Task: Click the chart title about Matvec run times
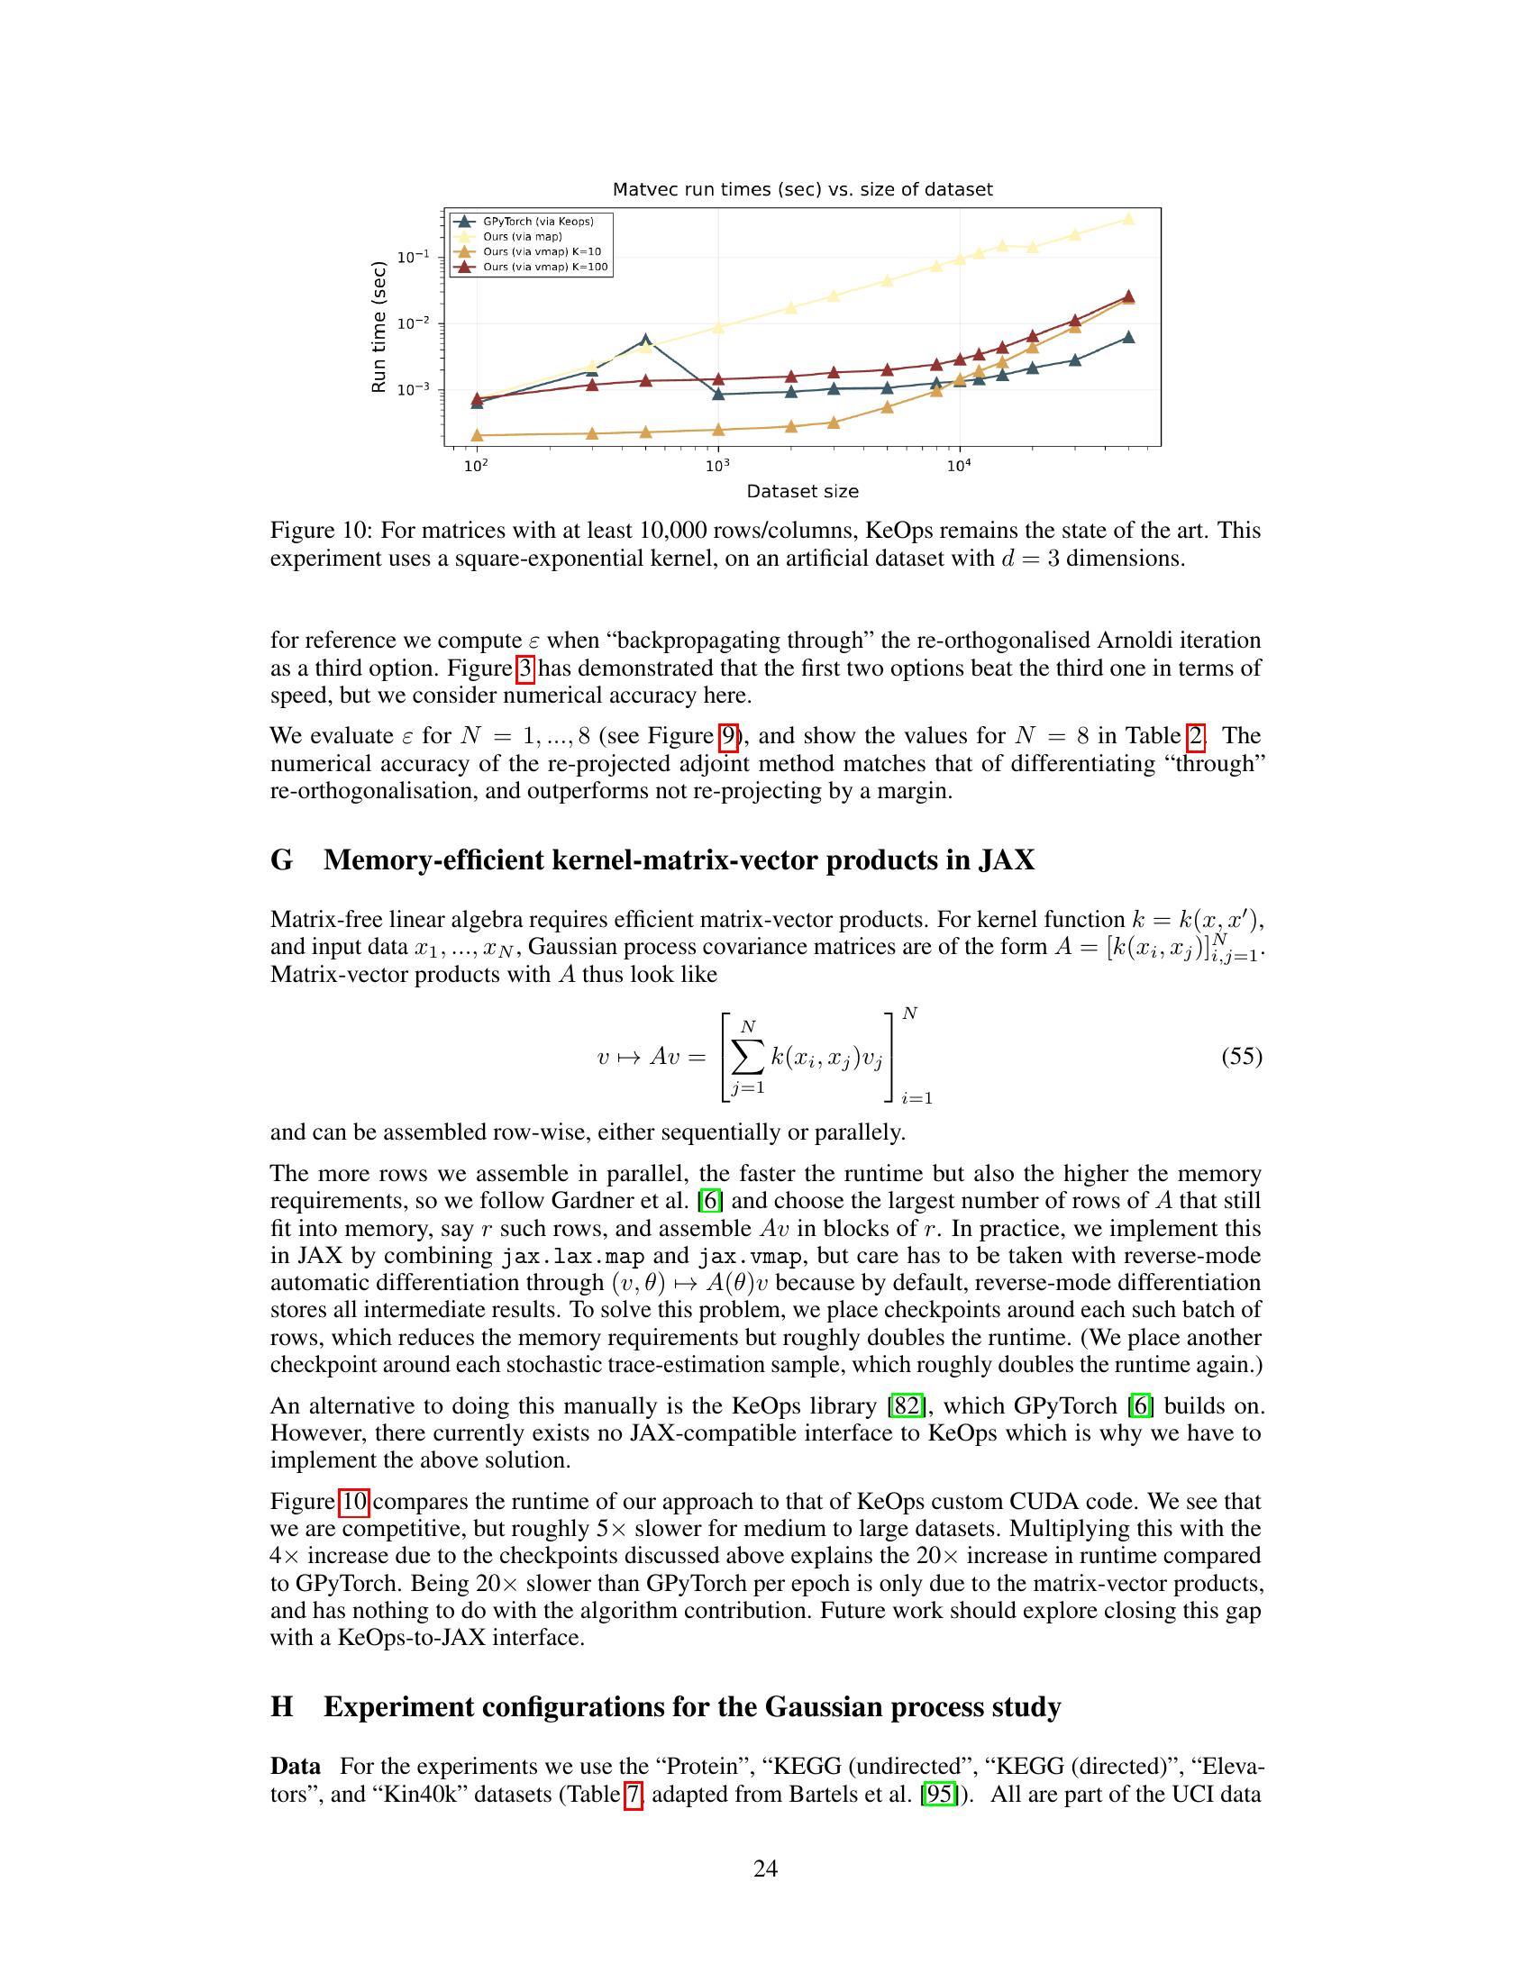click(x=802, y=190)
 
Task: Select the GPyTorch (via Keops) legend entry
click(x=537, y=222)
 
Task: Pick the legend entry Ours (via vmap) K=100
click(x=544, y=268)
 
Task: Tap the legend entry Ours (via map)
click(x=522, y=237)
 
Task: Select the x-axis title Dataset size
click(x=802, y=491)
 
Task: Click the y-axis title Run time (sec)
click(x=379, y=327)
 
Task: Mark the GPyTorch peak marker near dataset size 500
click(x=645, y=341)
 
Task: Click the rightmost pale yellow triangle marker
click(x=1128, y=219)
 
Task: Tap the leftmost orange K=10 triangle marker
click(x=477, y=436)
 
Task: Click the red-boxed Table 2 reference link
click(x=1195, y=736)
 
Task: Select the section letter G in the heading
click(x=281, y=859)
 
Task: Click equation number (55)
click(x=1242, y=1057)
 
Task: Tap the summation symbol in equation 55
click(x=747, y=1058)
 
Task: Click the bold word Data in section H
click(x=296, y=1767)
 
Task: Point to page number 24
click(x=765, y=1868)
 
